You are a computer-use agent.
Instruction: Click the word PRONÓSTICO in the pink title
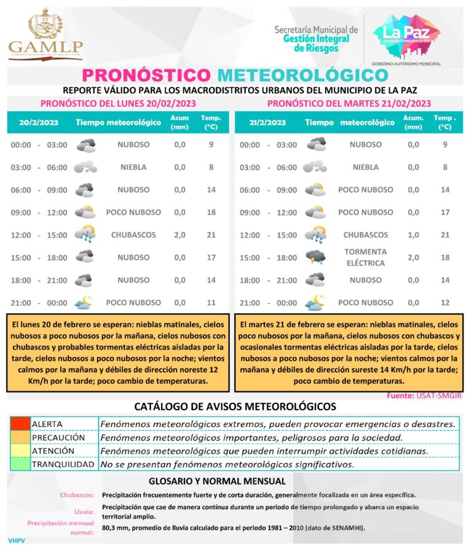click(146, 75)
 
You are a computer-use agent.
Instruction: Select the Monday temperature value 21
click(211, 235)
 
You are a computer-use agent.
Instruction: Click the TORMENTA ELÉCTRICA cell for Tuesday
click(365, 257)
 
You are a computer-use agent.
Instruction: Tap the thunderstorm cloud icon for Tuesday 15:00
click(316, 257)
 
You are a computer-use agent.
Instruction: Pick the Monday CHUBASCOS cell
click(133, 235)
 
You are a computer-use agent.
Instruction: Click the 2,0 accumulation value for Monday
click(179, 235)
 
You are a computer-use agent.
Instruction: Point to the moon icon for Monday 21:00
click(84, 302)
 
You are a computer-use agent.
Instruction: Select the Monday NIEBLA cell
click(133, 167)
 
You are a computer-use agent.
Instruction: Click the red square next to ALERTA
click(20, 424)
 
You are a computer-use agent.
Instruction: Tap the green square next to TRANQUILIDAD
click(20, 464)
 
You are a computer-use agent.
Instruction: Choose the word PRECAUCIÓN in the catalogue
click(58, 437)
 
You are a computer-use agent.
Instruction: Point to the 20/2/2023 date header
click(39, 123)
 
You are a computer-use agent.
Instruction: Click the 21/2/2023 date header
click(268, 123)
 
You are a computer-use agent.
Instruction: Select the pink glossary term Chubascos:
click(77, 495)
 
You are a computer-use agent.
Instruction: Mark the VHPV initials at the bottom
click(16, 540)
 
